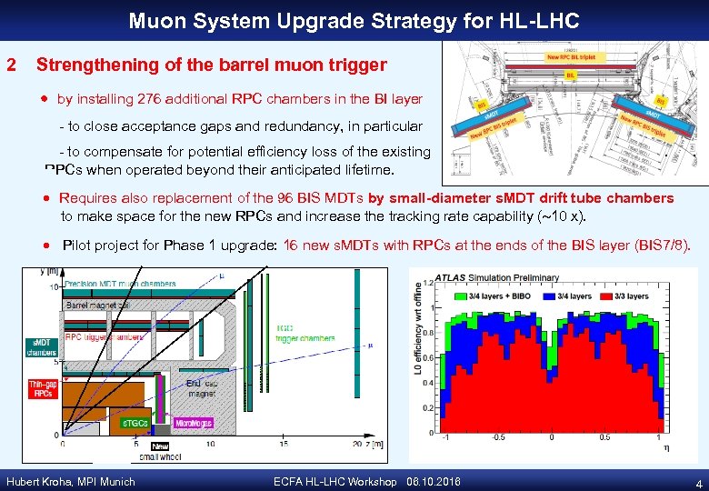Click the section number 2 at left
click(x=11, y=65)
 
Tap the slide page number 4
click(x=695, y=483)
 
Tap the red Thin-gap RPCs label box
click(x=43, y=390)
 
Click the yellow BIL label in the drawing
click(x=571, y=75)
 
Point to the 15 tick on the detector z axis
click(x=284, y=444)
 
